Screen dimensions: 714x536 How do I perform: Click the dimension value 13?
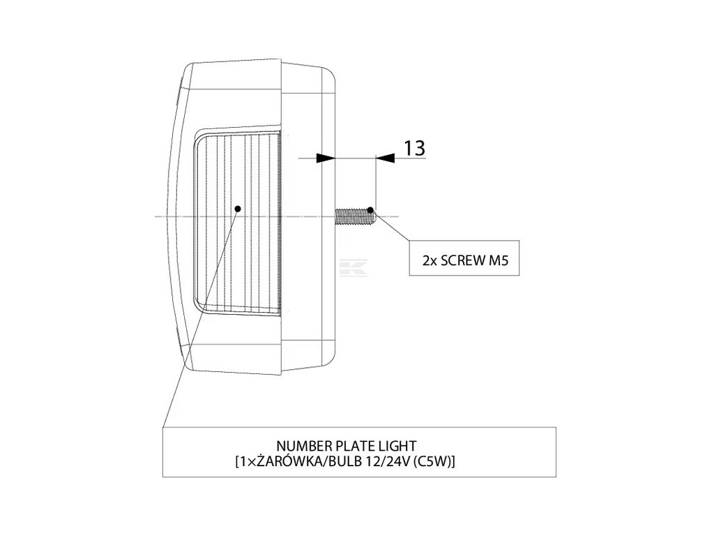point(413,148)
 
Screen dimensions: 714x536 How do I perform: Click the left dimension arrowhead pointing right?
point(325,159)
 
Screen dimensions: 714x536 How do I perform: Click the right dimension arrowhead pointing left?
point(385,159)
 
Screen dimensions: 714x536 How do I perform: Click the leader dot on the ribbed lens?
point(238,208)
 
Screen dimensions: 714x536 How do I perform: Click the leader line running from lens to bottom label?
point(202,314)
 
